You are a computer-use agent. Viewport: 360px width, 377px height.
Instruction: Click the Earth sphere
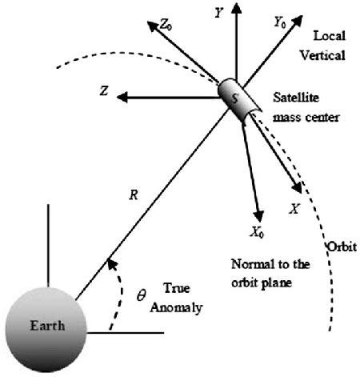pyautogui.click(x=46, y=330)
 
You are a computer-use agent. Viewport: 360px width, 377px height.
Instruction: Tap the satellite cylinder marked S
pyautogui.click(x=238, y=100)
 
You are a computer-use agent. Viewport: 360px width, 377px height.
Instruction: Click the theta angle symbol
pyautogui.click(x=141, y=295)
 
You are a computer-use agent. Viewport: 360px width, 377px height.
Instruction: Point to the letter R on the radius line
pyautogui.click(x=134, y=195)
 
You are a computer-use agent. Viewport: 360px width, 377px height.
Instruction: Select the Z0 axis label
pyautogui.click(x=166, y=26)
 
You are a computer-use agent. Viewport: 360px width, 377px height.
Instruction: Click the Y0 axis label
pyautogui.click(x=280, y=22)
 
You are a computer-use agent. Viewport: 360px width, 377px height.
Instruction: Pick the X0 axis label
pyautogui.click(x=258, y=233)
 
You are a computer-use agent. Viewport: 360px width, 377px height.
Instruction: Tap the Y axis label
pyautogui.click(x=218, y=13)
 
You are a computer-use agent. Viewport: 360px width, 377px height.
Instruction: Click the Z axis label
pyautogui.click(x=104, y=90)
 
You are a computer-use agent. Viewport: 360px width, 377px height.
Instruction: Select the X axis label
pyautogui.click(x=295, y=209)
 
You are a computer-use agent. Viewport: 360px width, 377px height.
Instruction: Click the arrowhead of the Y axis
pyautogui.click(x=236, y=7)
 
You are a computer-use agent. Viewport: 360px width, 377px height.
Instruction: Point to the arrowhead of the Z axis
pyautogui.click(x=122, y=97)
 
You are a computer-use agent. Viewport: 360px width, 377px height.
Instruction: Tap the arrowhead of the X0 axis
pyautogui.click(x=258, y=216)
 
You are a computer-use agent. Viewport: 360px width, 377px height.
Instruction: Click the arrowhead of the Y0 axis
pyautogui.click(x=298, y=21)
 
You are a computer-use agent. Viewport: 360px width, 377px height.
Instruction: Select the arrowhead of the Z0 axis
pyautogui.click(x=153, y=26)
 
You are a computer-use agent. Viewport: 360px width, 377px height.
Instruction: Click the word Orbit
pyautogui.click(x=342, y=247)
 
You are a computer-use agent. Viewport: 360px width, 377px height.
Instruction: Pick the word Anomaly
pyautogui.click(x=176, y=307)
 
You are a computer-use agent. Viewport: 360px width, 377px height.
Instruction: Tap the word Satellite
pyautogui.click(x=296, y=98)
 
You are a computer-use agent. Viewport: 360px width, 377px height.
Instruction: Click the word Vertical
pyautogui.click(x=322, y=55)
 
